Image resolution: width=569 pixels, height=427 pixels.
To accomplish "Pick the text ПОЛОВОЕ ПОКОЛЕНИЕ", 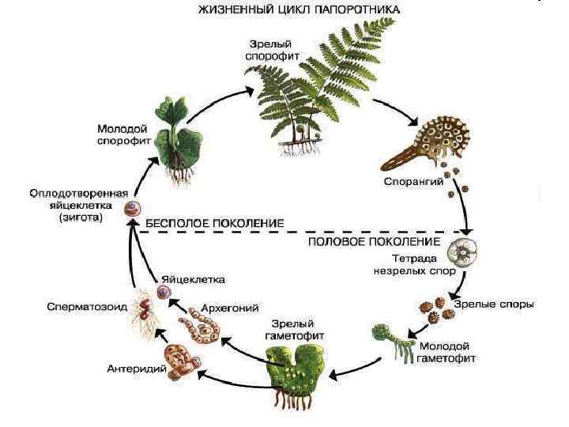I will coord(374,240).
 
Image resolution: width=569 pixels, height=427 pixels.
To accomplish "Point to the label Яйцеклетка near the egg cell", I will coord(194,279).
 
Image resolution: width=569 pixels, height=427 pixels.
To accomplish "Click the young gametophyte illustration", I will coord(399,339).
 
